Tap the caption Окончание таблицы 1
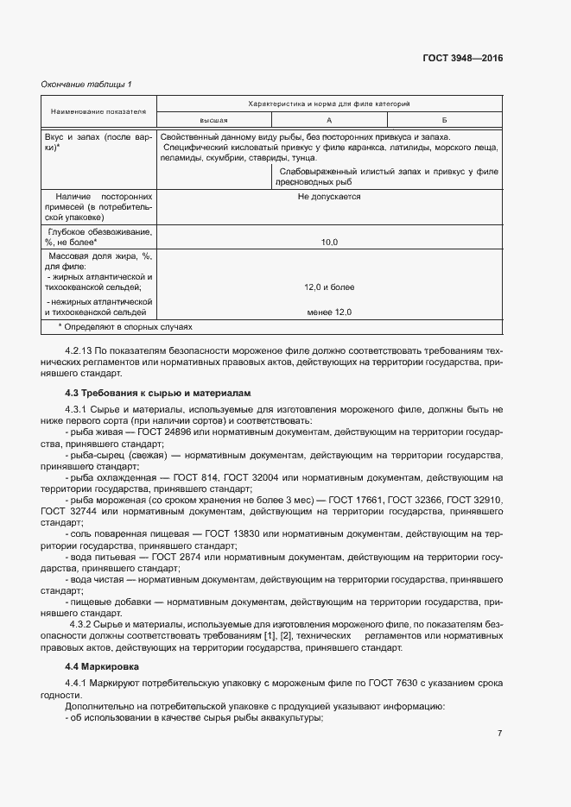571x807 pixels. pos(86,84)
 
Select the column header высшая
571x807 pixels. pos(213,120)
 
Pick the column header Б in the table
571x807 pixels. pos(443,120)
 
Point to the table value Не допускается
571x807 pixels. pos(329,197)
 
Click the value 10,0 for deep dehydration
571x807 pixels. pos(329,243)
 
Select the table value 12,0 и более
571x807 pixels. pos(329,287)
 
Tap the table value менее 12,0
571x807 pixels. pos(329,312)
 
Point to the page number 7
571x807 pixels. pos(499,734)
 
